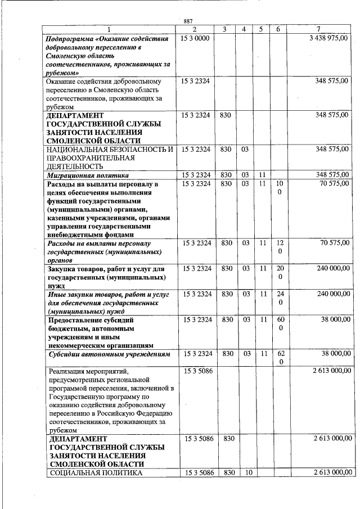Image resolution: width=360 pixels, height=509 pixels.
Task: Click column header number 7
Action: point(318,29)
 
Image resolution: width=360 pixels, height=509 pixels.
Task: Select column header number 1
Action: point(110,29)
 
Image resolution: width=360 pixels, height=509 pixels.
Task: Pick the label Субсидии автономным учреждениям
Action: point(109,354)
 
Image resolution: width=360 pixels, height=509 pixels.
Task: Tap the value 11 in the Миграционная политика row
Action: point(262,175)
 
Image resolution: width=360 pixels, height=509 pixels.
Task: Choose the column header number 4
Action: point(244,29)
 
